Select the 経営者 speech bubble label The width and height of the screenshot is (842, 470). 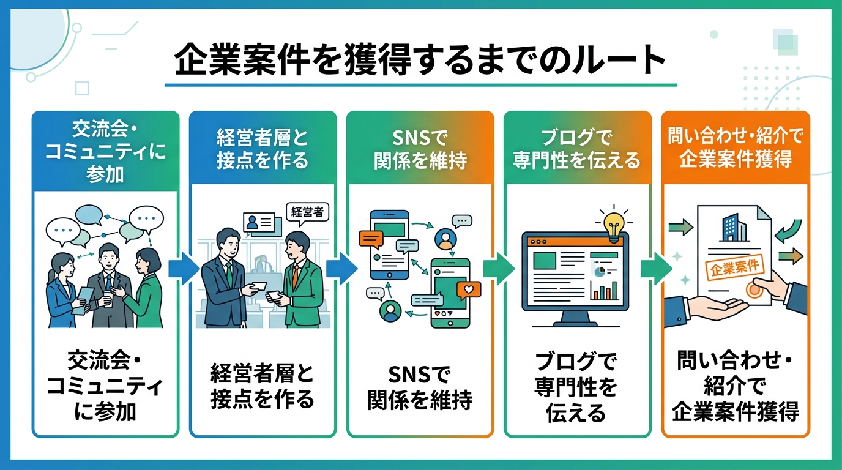point(307,212)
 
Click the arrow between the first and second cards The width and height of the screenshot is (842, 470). point(184,269)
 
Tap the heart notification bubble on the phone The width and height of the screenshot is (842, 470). point(469,288)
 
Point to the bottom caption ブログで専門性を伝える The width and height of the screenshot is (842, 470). point(576,387)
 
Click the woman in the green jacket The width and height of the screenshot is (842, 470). point(146,288)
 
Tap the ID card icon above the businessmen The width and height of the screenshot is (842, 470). point(258,223)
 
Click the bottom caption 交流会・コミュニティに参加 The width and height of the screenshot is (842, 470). point(105,387)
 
